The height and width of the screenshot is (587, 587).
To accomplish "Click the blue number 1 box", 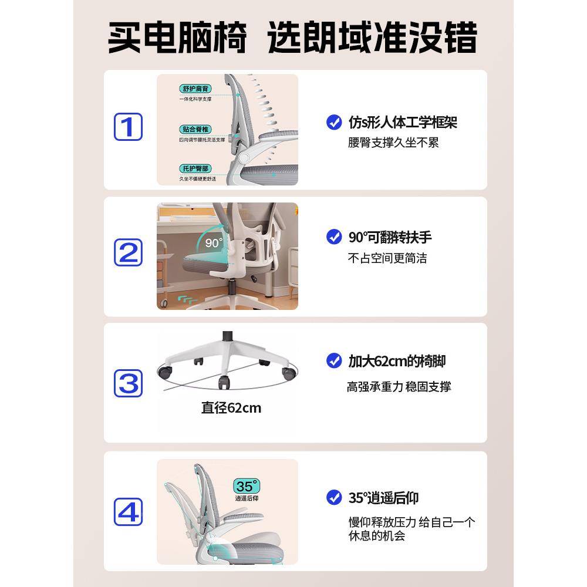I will tap(128, 127).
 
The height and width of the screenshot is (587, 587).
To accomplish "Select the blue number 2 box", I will tap(128, 252).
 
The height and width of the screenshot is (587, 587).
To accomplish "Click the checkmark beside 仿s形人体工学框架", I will tap(334, 123).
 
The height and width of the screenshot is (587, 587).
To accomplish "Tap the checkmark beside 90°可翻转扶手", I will tap(334, 237).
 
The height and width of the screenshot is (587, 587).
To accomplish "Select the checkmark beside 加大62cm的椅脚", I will tap(334, 360).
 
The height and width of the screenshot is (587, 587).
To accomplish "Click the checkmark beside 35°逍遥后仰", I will tap(334, 498).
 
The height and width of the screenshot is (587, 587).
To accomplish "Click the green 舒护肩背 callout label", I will tap(195, 89).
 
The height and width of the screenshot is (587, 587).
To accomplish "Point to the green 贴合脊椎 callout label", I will tap(195, 129).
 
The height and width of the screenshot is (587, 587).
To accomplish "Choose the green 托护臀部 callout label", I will tap(195, 168).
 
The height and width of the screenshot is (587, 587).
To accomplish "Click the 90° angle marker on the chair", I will tap(214, 242).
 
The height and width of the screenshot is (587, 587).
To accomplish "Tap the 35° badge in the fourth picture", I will tap(247, 486).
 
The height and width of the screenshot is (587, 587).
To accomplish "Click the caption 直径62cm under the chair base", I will tap(231, 407).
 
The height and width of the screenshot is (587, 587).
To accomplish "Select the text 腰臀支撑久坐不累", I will tap(393, 143).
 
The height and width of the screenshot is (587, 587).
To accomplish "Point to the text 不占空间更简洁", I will tap(387, 258).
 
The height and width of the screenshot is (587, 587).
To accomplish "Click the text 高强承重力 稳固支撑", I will tap(399, 387).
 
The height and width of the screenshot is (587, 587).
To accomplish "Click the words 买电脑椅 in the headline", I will tap(177, 38).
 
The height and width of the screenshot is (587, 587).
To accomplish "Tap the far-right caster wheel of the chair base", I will tap(288, 372).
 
